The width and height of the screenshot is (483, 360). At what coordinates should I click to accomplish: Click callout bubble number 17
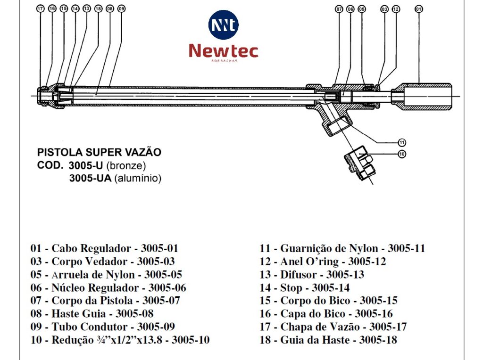[x=40, y=8]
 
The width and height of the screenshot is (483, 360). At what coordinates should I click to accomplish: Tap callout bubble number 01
[x=419, y=8]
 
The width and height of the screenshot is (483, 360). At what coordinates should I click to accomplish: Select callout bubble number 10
[x=402, y=154]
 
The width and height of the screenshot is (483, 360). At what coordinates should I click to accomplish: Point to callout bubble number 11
[x=402, y=142]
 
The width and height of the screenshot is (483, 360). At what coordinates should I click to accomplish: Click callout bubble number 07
[x=339, y=8]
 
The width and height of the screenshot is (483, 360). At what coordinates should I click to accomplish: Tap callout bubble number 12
[x=395, y=8]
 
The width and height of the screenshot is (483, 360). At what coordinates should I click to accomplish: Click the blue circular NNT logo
[x=223, y=25]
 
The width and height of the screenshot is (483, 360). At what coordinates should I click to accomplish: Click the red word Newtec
[x=224, y=51]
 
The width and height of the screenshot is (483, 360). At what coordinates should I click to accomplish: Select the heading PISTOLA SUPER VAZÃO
[x=99, y=153]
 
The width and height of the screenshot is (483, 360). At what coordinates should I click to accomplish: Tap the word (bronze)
[x=126, y=166]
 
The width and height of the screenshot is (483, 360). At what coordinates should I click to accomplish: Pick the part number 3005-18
[x=378, y=340]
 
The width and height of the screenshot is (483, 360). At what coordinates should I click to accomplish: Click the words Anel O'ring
[x=309, y=262]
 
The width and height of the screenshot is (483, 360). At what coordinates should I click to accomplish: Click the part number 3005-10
[x=191, y=340]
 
